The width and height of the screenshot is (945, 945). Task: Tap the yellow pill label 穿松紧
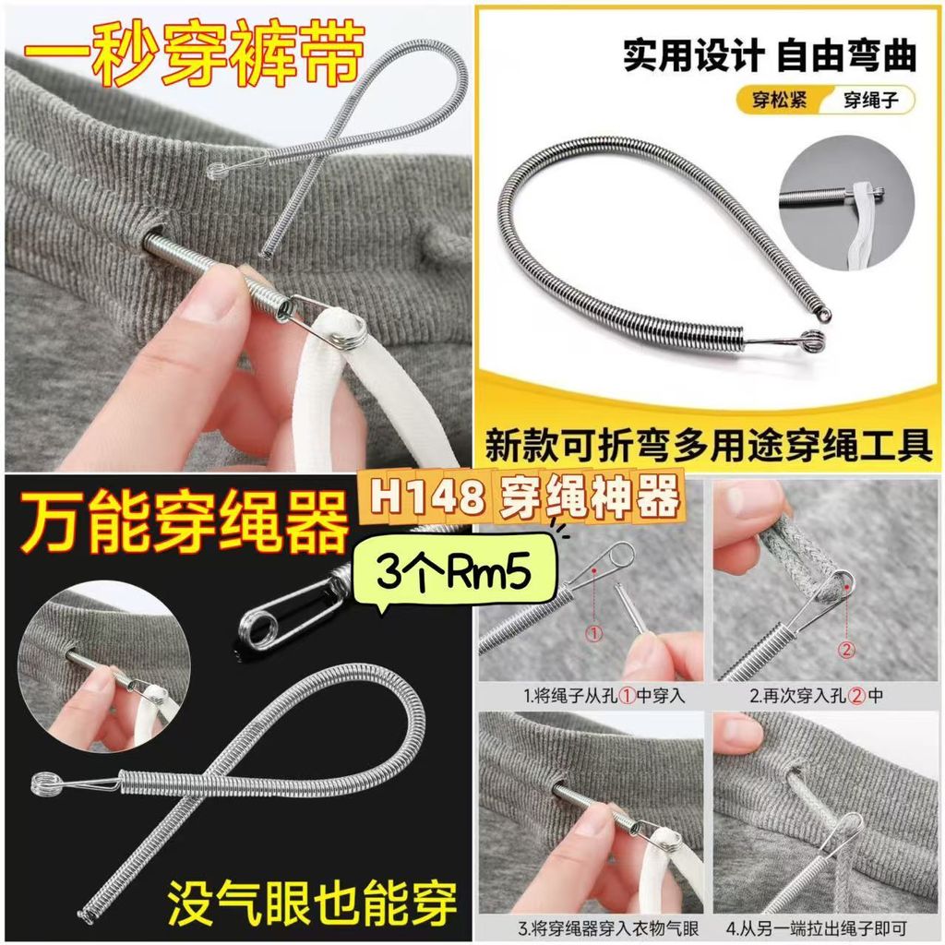(779, 100)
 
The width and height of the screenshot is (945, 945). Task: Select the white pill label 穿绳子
(870, 100)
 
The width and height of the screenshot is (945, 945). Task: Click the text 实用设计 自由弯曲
(770, 55)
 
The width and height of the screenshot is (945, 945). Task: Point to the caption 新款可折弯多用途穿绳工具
(709, 446)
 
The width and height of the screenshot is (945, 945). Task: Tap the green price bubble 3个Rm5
(453, 568)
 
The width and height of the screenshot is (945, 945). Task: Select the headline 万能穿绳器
(184, 522)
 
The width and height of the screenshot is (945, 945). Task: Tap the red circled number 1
(594, 633)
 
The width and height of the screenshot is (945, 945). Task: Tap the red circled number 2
(847, 650)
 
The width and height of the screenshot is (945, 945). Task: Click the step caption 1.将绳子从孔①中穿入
(604, 696)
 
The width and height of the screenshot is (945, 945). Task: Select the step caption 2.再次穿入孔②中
(817, 696)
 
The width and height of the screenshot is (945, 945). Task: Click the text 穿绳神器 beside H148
(589, 497)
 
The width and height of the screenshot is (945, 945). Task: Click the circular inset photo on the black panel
(104, 667)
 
